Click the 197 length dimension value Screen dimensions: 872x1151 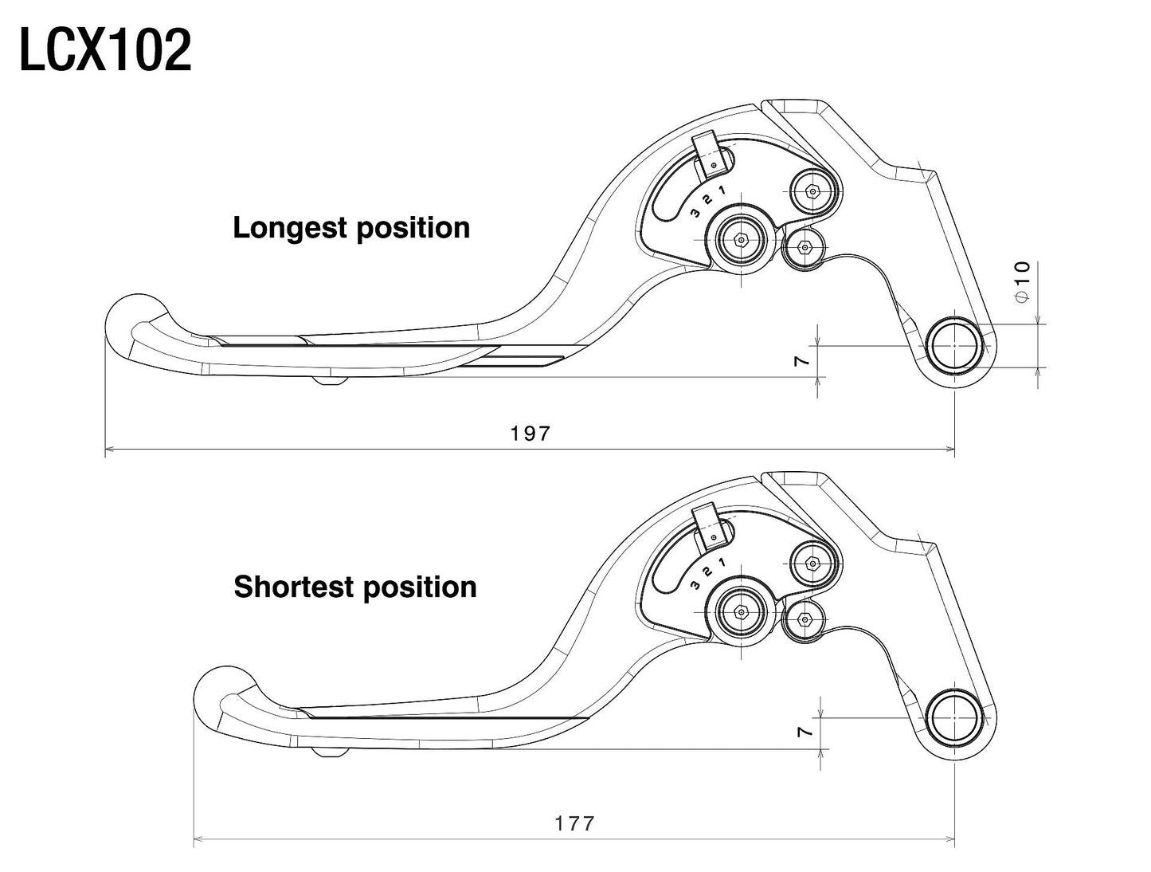click(x=530, y=433)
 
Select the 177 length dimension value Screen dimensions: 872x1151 click(x=575, y=823)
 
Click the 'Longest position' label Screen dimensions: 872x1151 click(x=351, y=228)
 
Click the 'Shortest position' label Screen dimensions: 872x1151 click(x=355, y=587)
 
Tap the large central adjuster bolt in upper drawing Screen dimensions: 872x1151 click(x=741, y=238)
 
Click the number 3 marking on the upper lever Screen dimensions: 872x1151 click(x=695, y=213)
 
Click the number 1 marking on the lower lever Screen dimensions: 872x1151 click(x=722, y=562)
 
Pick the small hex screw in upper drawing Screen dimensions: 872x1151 click(x=805, y=247)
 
